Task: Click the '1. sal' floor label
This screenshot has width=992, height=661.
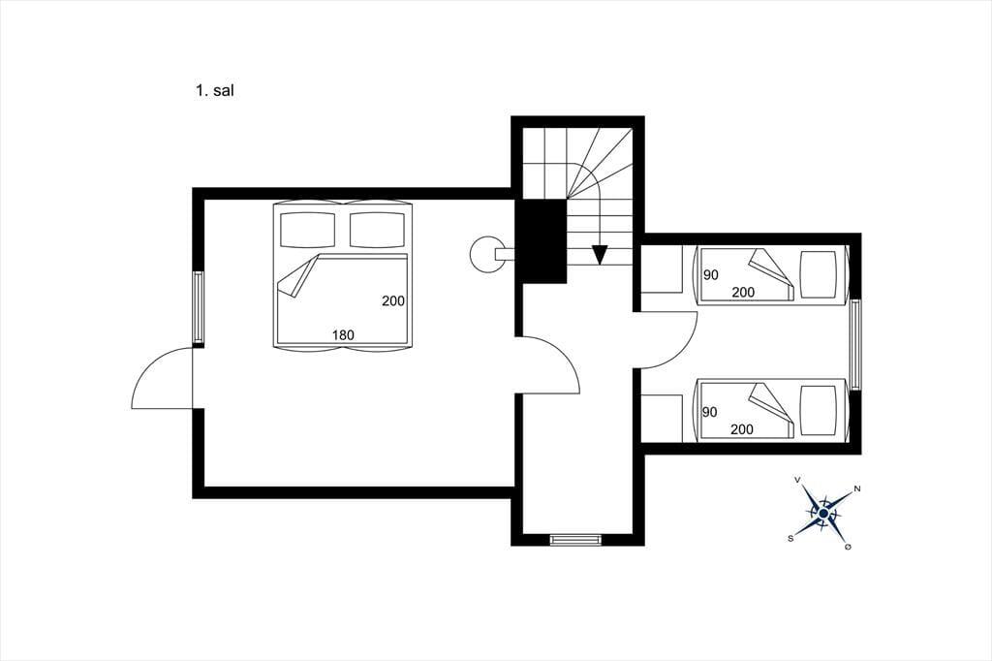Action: pos(214,90)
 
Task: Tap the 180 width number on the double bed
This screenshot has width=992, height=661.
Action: pos(343,335)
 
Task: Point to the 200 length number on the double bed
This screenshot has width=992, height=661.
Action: pos(393,301)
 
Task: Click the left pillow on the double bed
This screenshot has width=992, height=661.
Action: pos(307,230)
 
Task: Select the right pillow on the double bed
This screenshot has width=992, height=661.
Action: pos(377,230)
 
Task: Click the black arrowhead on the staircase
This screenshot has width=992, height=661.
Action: pos(599,255)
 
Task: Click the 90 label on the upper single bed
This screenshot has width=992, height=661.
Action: pos(711,275)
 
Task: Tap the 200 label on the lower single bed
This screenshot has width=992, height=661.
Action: pos(741,429)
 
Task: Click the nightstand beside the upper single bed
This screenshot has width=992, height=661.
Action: pos(662,269)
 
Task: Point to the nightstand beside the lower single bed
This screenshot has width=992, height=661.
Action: pos(662,418)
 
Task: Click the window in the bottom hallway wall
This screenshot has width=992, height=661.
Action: pos(575,540)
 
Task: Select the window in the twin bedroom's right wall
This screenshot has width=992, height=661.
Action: pos(855,344)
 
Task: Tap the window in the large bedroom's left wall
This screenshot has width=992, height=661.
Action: pos(198,307)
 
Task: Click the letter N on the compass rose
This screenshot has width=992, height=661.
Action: pos(857,488)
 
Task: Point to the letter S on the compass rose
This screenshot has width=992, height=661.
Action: pos(790,538)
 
